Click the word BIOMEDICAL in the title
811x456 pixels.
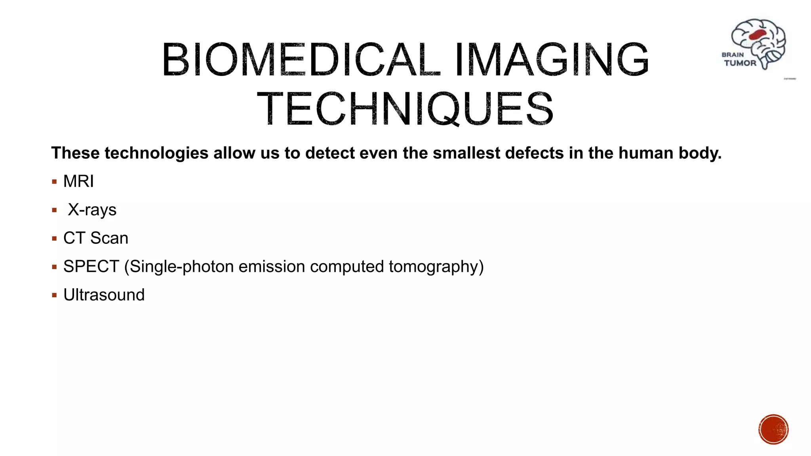[x=301, y=60]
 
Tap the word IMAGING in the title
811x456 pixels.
[x=552, y=60]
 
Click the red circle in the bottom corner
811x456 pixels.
[x=773, y=429]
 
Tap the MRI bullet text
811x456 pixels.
[x=78, y=181]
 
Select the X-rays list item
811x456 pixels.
[x=92, y=210]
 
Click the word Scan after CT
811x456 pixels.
[x=109, y=238]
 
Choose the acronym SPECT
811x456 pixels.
[x=91, y=266]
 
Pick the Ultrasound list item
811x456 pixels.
[x=104, y=295]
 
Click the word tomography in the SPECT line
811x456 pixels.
[x=436, y=267]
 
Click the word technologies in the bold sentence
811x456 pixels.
[x=156, y=153]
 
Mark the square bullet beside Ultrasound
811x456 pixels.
[x=54, y=295]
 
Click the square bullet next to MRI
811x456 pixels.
[x=54, y=182]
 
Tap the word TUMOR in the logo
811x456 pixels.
[x=740, y=63]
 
